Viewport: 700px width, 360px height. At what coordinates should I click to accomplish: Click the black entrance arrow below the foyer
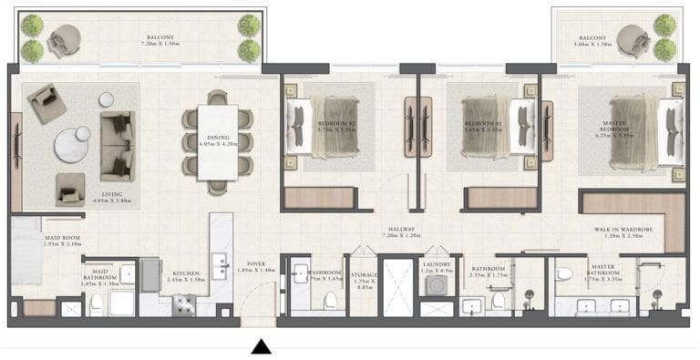coord(262,346)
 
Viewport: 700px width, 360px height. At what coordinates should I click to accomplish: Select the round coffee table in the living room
coord(72,145)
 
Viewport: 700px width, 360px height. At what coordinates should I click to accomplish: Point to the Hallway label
coord(401,230)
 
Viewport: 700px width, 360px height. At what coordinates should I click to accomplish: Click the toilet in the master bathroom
coord(564,273)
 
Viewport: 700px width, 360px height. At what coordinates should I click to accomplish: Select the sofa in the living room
coord(118,145)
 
